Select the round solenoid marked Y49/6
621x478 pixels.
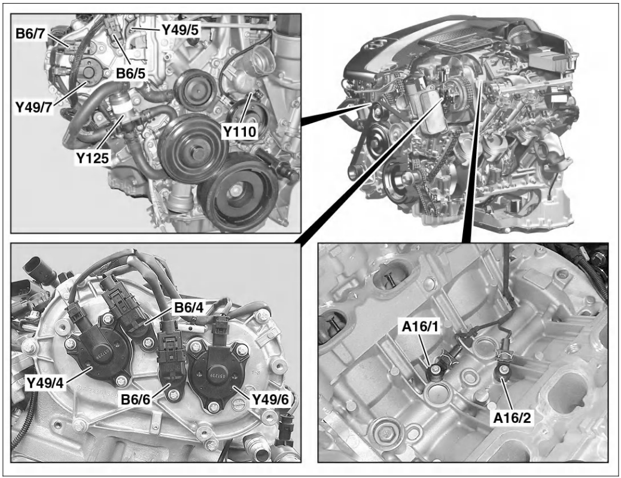pos(214,375)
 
